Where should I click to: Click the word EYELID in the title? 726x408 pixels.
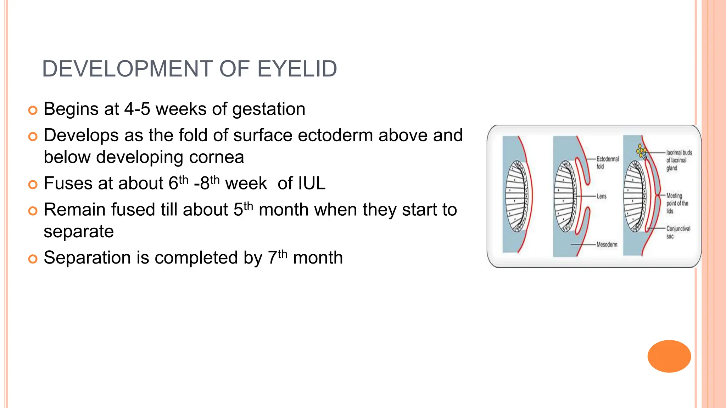click(297, 69)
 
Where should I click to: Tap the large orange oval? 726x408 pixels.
click(669, 356)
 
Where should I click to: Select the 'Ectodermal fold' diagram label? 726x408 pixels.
click(607, 163)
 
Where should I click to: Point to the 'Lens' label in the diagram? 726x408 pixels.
click(601, 196)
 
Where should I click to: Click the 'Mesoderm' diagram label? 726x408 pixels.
click(607, 244)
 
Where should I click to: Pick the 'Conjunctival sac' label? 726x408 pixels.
click(678, 232)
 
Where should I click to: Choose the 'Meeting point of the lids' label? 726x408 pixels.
click(677, 203)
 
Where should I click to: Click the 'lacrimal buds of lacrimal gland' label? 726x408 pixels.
click(678, 160)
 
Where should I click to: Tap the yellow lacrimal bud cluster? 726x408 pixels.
click(641, 151)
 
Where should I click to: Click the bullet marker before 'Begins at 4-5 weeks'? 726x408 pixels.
click(33, 110)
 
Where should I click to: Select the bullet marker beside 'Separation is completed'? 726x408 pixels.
click(33, 259)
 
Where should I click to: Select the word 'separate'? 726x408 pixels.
click(79, 232)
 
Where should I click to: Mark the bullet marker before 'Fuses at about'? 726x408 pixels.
click(33, 185)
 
